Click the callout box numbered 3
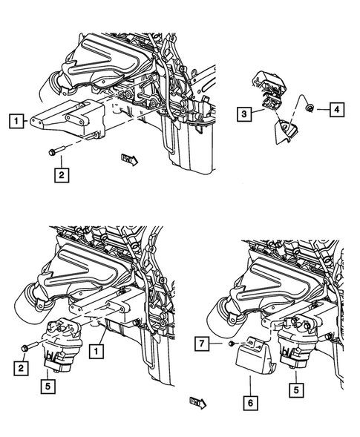pos(243,114)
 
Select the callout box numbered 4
pos(336,110)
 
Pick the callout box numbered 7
pos(201,344)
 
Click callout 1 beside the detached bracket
pos(16,119)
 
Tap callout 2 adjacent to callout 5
pos(22,367)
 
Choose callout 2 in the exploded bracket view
pos(60,175)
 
